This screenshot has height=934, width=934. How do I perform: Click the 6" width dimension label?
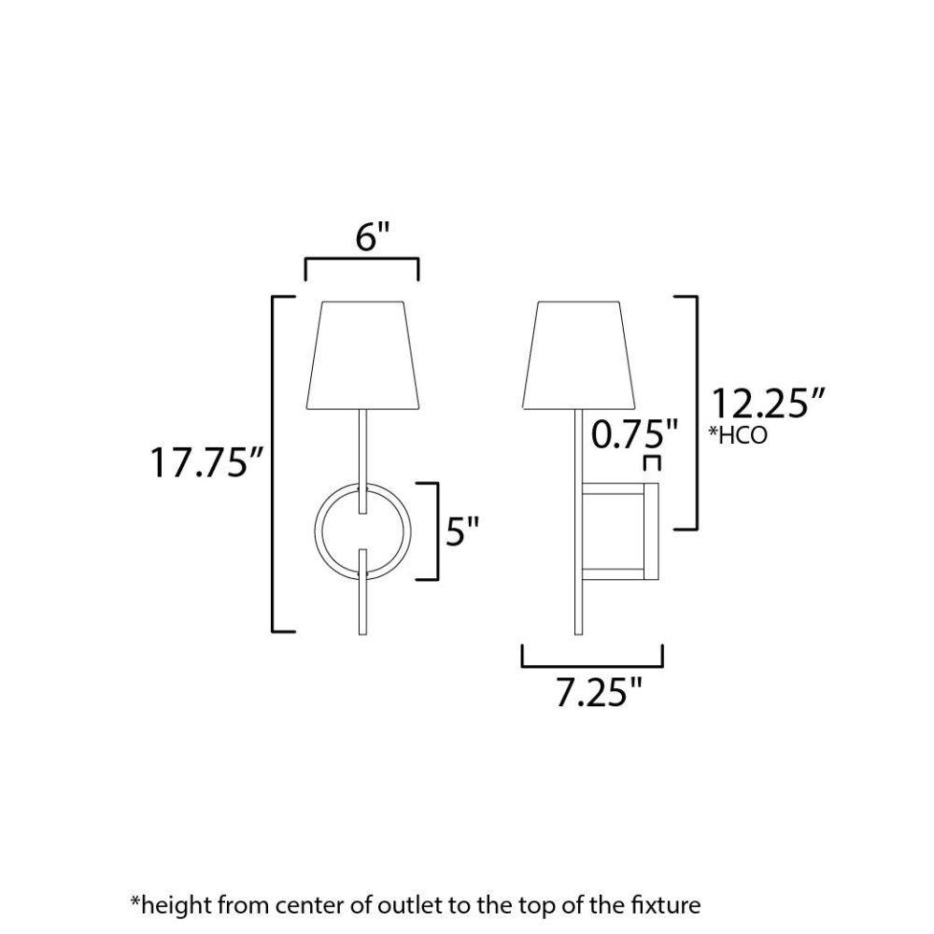[373, 237]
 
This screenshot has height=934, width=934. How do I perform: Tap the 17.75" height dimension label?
[206, 462]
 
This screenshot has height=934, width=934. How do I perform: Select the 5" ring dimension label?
[463, 531]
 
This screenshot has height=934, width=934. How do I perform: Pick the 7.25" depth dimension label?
[600, 692]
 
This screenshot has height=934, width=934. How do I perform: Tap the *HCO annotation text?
[738, 435]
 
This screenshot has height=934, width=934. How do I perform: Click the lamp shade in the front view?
[362, 355]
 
